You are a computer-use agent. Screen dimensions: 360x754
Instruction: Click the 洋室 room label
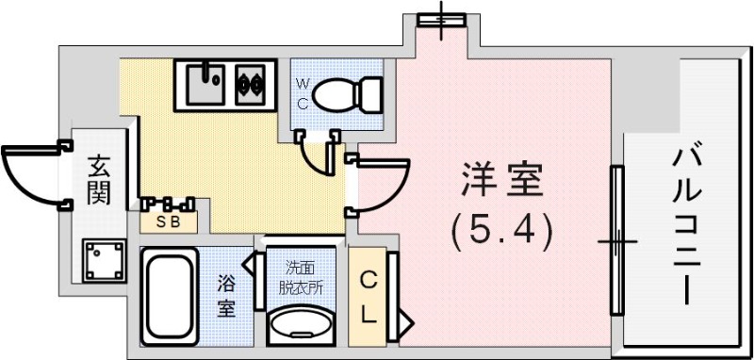[x=502, y=180]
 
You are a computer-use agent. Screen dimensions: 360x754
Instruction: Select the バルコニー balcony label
[x=685, y=225]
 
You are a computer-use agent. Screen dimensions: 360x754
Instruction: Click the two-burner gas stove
[x=253, y=83]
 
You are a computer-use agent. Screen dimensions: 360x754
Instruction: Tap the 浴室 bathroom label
[x=226, y=295]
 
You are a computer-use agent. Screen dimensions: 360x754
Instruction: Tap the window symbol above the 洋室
[x=442, y=18]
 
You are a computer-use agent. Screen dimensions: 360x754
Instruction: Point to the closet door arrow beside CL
[x=405, y=322]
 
